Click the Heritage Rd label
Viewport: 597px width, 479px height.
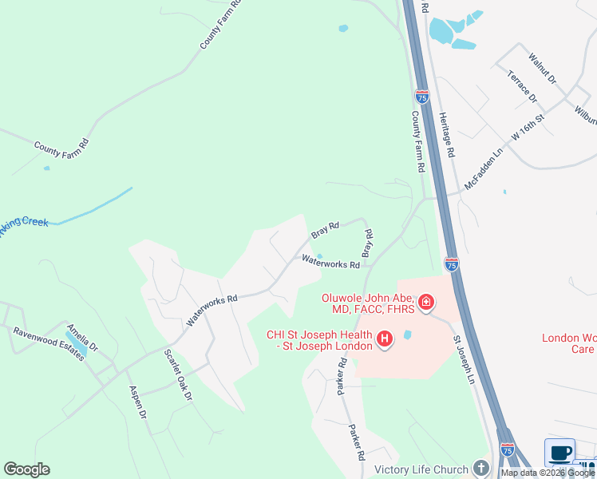447,134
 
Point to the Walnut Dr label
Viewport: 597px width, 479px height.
542,70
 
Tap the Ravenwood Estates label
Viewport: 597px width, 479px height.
48,344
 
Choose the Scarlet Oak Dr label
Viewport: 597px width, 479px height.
179,374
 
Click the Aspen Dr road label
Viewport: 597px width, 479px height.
138,402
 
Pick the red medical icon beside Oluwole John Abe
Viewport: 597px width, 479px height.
427,302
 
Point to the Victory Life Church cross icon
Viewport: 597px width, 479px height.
480,467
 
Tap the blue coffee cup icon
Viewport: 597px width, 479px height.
560,453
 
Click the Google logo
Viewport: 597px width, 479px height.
26,469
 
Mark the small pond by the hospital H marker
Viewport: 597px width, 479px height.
409,335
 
